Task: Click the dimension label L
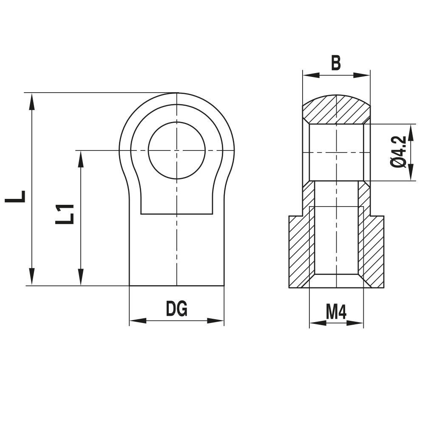click(16, 196)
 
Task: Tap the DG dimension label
click(176, 309)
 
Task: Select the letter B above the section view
click(336, 63)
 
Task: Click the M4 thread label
click(336, 312)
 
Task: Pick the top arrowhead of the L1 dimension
click(80, 159)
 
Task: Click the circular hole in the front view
click(176, 150)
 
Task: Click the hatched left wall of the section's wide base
click(300, 251)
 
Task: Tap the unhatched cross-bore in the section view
click(336, 152)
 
